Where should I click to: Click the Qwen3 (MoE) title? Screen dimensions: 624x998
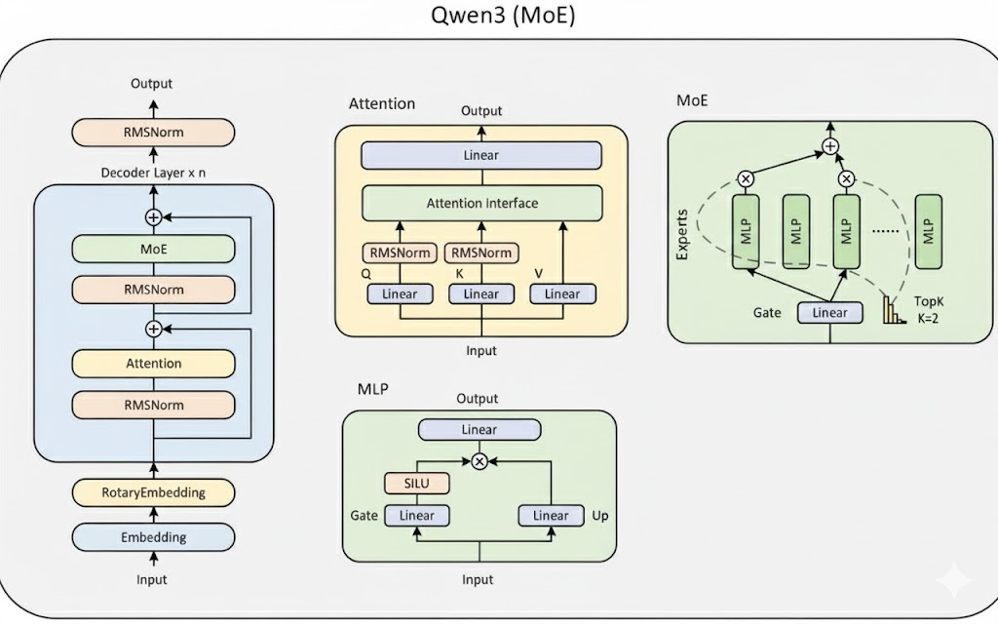[x=498, y=17]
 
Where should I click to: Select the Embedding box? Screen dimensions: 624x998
[x=153, y=537]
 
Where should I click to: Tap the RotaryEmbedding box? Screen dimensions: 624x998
[x=153, y=492]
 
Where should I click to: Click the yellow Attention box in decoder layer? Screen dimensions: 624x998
[x=153, y=363]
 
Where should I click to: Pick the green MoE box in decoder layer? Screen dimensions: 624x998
[x=153, y=250]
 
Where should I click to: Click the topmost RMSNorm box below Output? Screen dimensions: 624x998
[x=153, y=133]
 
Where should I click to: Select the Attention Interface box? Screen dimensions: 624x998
[x=481, y=204]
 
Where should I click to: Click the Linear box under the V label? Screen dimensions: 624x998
[x=561, y=293]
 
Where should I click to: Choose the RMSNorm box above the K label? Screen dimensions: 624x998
[x=480, y=253]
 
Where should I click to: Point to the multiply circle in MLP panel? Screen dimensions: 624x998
[x=479, y=461]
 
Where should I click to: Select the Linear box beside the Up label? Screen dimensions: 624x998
[x=551, y=515]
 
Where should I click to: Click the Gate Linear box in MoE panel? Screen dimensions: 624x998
[x=830, y=312]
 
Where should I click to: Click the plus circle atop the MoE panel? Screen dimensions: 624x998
[x=830, y=146]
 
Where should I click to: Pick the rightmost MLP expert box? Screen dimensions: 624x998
[x=928, y=230]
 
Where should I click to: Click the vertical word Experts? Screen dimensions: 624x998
[x=682, y=233]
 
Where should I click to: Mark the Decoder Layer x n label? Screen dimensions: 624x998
[x=153, y=173]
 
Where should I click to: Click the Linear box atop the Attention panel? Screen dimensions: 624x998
[x=481, y=156]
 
